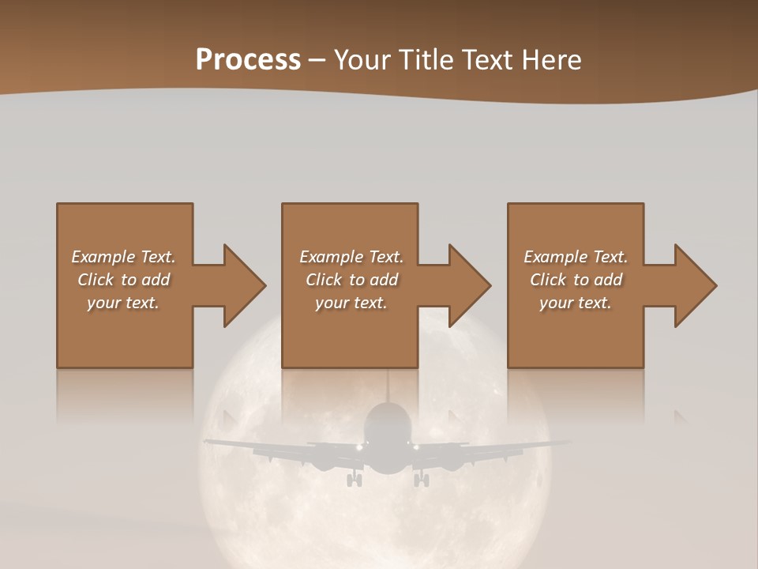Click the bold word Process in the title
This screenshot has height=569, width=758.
coord(248,59)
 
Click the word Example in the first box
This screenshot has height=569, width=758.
coord(103,258)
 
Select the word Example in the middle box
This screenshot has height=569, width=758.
coord(331,258)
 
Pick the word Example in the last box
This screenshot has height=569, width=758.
coord(555,258)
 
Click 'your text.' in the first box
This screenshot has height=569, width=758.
coord(123,303)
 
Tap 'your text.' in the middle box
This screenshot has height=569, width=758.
coord(351,303)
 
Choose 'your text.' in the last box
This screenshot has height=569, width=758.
coord(576,303)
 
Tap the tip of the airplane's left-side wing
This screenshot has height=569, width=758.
coord(207,442)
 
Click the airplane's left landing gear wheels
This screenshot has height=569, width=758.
coord(355,479)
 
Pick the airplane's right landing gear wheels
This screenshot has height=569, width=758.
coord(422,479)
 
